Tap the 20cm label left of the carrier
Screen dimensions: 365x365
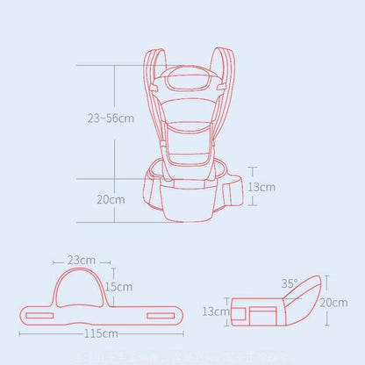(110, 199)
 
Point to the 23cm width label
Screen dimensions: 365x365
(81, 260)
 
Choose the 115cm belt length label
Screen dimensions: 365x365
(103, 334)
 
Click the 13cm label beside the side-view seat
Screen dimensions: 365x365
(213, 311)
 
